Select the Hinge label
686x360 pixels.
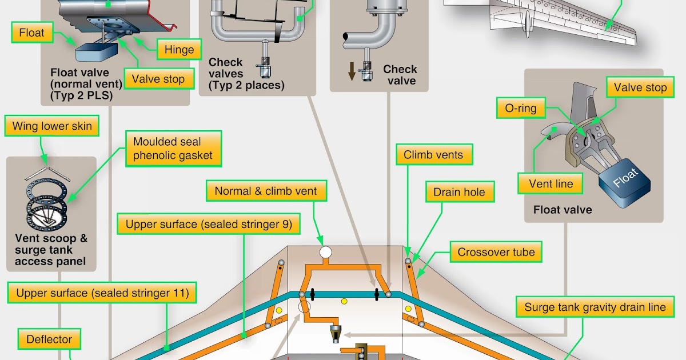point(179,50)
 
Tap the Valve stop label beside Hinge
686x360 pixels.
point(158,79)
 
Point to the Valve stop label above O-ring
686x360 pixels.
point(640,88)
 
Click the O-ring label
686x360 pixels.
point(516,108)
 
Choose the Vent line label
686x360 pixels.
point(546,184)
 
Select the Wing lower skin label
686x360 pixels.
point(52,126)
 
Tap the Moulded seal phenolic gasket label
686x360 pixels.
point(173,148)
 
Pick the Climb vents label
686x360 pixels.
point(433,155)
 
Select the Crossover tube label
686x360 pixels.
point(496,252)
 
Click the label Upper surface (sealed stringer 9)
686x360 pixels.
point(209,225)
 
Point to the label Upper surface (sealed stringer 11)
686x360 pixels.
point(102,294)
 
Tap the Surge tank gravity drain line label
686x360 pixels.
point(595,307)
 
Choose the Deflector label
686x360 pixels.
point(49,339)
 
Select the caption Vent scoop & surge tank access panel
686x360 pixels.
point(51,250)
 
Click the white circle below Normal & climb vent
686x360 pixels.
point(325,252)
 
